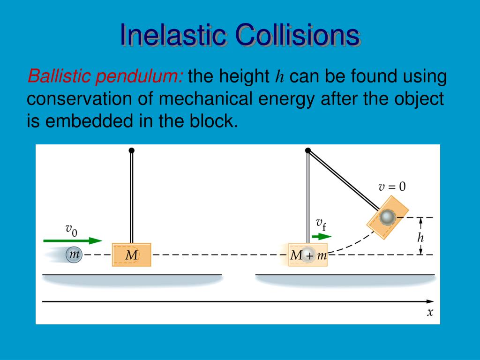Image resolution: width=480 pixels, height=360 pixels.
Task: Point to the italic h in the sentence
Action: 279,76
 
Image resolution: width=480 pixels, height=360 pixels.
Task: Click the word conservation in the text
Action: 79,99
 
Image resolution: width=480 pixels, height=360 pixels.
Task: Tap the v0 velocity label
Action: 71,230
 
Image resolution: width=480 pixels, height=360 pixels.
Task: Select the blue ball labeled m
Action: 74,255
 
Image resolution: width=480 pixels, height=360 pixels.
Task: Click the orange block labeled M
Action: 131,255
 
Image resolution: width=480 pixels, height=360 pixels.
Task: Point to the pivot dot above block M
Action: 132,150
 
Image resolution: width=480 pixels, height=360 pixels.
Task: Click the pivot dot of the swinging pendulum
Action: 308,150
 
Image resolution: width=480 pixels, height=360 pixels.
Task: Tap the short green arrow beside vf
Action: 321,237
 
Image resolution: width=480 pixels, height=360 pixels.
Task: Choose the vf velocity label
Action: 321,224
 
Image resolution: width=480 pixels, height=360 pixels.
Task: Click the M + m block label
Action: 308,255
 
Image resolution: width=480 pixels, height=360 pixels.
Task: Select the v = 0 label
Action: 392,187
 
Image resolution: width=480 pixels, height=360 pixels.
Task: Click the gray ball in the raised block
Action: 387,217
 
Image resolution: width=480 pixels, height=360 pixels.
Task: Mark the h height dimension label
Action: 420,237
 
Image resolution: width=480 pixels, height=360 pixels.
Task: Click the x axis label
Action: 430,312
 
